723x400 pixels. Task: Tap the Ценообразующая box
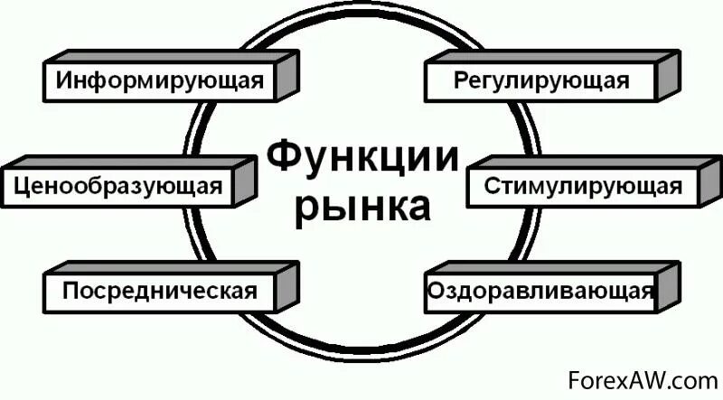click(118, 188)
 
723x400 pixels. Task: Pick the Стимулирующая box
click(583, 188)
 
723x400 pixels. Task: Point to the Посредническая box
click(158, 292)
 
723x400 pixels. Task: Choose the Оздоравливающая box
click(540, 292)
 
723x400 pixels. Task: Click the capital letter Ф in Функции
click(281, 159)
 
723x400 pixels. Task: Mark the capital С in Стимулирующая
click(491, 188)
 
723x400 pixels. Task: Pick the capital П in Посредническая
click(70, 292)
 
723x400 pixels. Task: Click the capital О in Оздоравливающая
click(433, 292)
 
